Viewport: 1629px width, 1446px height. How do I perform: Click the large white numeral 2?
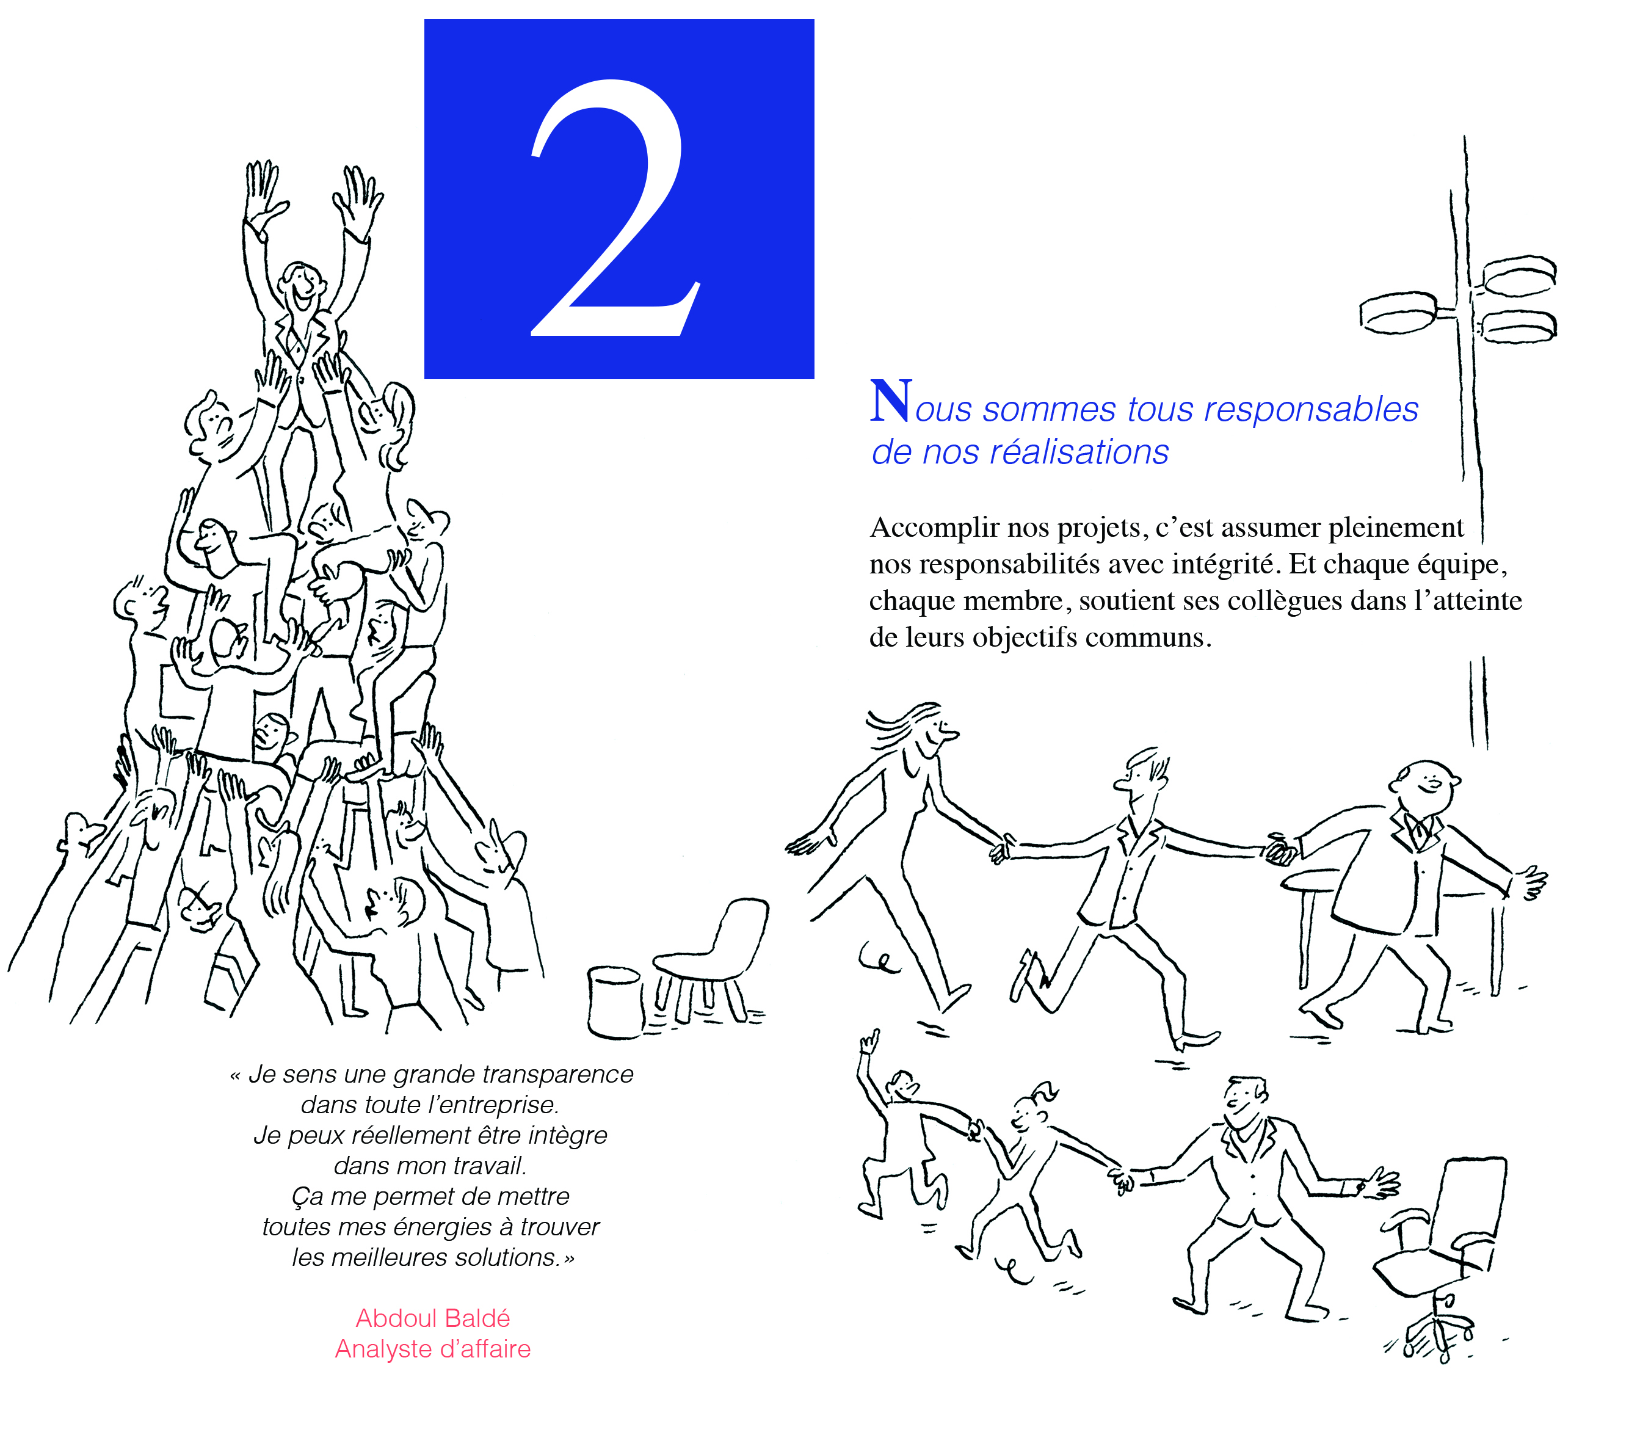click(614, 207)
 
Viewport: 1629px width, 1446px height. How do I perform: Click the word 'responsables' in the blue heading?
click(1311, 409)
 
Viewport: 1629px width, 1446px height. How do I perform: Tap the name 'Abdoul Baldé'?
click(433, 1318)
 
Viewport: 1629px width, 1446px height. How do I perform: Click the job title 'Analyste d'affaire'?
click(433, 1349)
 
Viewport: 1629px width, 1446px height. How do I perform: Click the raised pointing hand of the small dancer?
click(869, 1042)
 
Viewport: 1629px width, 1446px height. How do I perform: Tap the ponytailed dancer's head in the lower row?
click(1034, 1110)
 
